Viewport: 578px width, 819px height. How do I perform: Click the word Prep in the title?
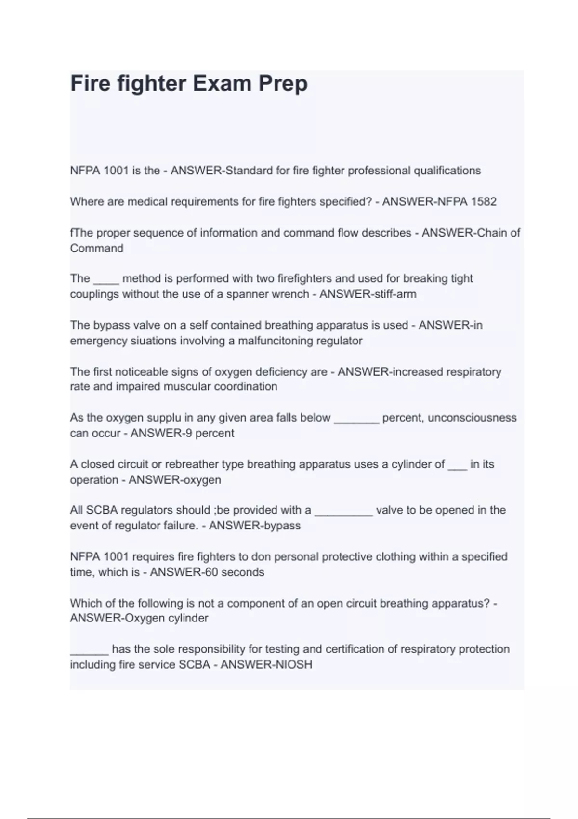[283, 83]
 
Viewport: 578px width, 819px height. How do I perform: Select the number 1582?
[483, 201]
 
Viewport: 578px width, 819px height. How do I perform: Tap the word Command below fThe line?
[96, 248]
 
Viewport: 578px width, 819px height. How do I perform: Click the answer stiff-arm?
[392, 294]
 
